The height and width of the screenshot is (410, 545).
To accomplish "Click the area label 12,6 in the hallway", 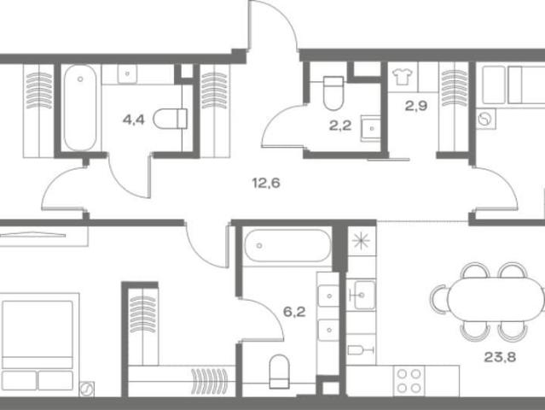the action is (x=266, y=183).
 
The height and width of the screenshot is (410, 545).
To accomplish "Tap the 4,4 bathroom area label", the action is (x=133, y=120).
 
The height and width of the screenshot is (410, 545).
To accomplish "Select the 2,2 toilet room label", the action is (x=340, y=126).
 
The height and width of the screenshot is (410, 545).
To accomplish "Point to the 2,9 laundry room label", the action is (x=416, y=105).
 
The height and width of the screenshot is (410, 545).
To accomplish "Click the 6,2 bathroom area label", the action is (x=294, y=312).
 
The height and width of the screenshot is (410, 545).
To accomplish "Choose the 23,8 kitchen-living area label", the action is (x=500, y=357).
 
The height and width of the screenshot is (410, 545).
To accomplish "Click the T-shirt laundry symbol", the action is (x=403, y=76).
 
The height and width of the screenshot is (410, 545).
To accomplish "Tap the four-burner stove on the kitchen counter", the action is (x=409, y=381).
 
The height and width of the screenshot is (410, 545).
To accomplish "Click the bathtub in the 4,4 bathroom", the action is (x=80, y=108).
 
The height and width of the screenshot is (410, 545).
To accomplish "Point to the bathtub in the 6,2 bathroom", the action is (x=287, y=246).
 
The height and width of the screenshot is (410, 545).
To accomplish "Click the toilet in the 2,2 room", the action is (x=333, y=93).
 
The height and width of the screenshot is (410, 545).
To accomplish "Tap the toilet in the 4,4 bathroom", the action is (x=170, y=119).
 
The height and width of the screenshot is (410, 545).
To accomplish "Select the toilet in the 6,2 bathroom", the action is (x=280, y=372).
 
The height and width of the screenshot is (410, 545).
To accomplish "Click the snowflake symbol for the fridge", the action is (x=362, y=241).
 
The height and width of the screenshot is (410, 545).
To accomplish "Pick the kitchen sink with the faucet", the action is (x=362, y=296).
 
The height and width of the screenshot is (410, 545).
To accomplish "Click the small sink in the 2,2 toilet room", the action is (x=370, y=128).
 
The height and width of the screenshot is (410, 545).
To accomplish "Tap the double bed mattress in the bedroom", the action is (x=38, y=329).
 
